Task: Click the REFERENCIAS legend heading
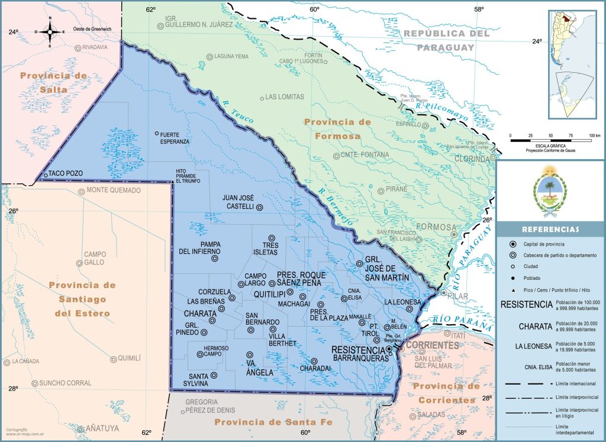point(550,230)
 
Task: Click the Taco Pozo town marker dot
point(46,175)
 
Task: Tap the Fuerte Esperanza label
point(175,138)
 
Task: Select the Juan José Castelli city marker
point(259,207)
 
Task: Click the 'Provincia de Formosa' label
point(337,129)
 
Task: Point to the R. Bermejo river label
point(332,205)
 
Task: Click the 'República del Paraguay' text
point(447,40)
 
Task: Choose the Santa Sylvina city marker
point(214,375)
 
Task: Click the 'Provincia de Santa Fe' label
point(272,422)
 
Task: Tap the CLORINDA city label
point(472,159)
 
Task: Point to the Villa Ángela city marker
point(249,355)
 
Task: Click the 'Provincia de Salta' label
point(53,83)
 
